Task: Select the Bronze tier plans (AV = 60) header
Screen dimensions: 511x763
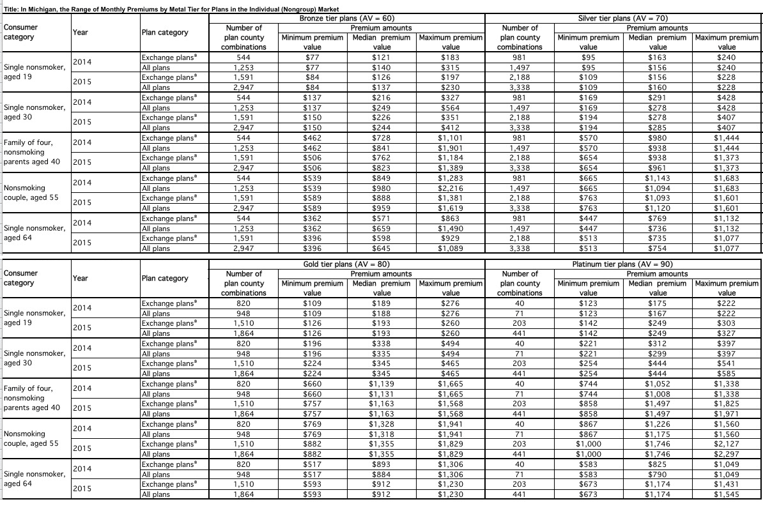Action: click(346, 18)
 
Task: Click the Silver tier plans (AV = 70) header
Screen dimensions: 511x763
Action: click(622, 18)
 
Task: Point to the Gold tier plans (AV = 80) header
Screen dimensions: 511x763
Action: click(346, 264)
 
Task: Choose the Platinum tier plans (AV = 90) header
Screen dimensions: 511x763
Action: click(622, 264)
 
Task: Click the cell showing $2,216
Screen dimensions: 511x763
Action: click(451, 188)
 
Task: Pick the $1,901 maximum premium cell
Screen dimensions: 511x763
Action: click(451, 148)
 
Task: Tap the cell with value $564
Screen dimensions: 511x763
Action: click(451, 107)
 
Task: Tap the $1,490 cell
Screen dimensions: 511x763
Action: click(451, 229)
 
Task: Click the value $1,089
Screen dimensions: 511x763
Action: click(451, 248)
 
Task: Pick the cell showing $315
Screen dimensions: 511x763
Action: click(451, 67)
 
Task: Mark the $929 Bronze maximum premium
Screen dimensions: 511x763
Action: click(451, 238)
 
